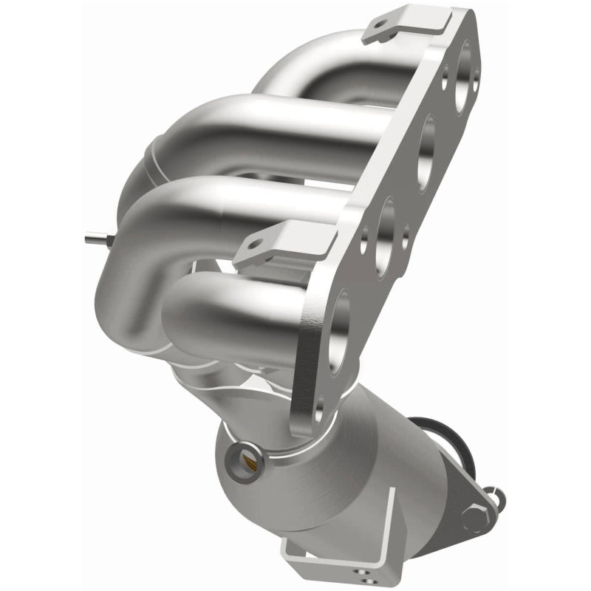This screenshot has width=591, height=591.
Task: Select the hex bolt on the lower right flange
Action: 473,516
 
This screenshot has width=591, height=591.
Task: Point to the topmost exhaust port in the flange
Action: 464,67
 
